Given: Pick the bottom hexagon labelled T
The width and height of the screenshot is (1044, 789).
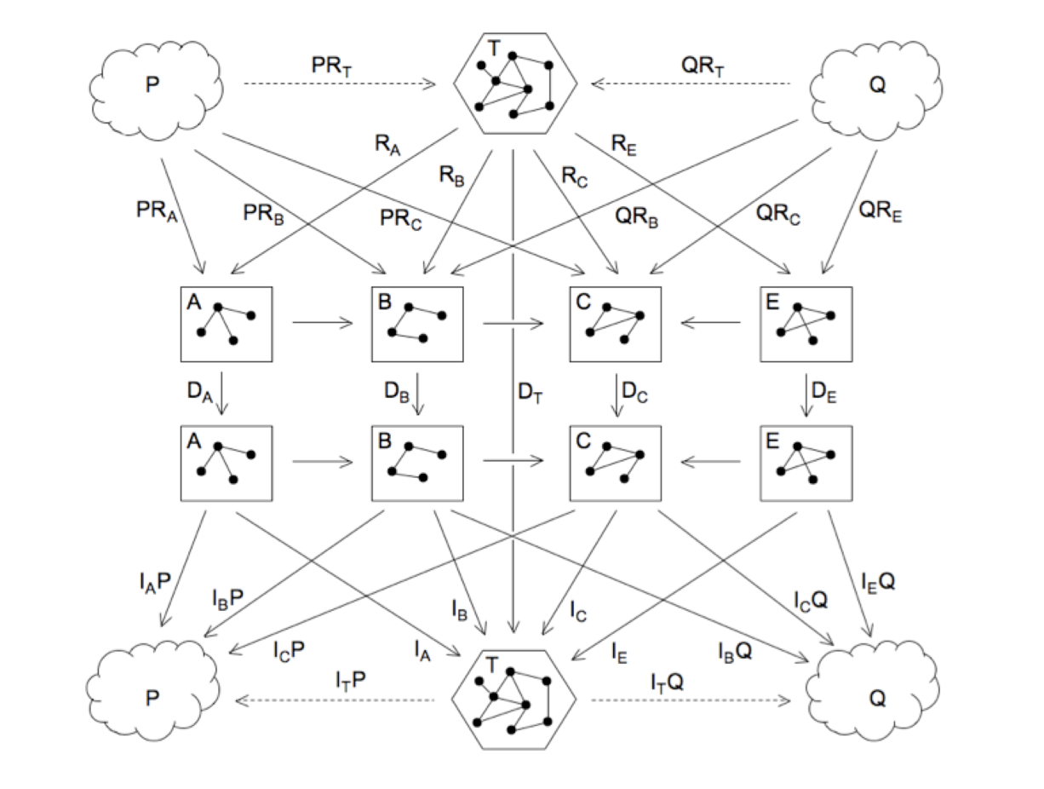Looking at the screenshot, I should [x=515, y=700].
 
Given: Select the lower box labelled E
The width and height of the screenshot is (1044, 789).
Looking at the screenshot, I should [x=805, y=464].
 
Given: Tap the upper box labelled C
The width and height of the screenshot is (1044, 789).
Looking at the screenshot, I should [x=615, y=324].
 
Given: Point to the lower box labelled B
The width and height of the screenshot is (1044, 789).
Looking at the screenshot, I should [x=417, y=464].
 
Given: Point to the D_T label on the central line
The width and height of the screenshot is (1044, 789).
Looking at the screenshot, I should [x=531, y=394].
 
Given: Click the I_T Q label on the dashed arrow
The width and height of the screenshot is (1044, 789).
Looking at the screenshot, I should [x=668, y=681].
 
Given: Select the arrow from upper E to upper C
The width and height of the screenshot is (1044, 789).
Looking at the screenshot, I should [x=710, y=323].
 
